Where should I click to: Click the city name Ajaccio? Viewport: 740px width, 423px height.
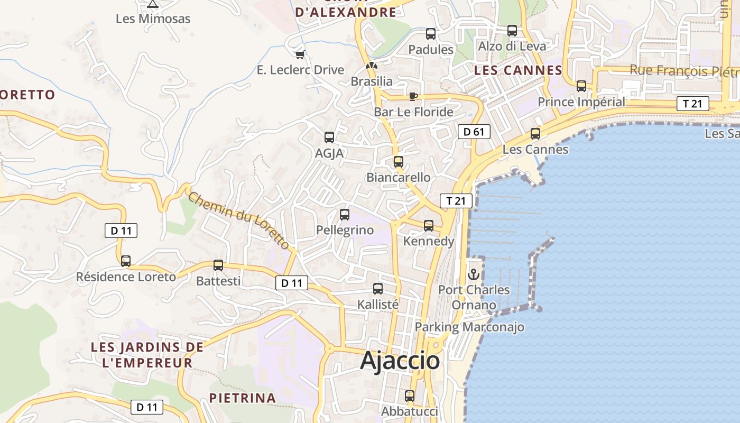coord(400,361)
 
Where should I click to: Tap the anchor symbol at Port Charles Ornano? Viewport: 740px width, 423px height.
coord(474,274)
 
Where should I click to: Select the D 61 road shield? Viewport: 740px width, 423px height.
coord(474,132)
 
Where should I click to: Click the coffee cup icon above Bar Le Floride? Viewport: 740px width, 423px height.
coord(413,96)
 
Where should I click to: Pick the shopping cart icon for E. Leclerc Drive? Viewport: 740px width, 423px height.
coord(300,54)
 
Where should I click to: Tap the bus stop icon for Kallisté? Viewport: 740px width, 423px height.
coord(378,289)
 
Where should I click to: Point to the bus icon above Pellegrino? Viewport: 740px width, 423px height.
coord(345,215)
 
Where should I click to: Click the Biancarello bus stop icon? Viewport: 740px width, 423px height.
coord(399,162)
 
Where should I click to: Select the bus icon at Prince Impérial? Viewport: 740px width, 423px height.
coord(581,86)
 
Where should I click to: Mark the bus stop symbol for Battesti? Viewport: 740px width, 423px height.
coord(218,265)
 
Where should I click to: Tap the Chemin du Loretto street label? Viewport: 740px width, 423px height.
coord(239,220)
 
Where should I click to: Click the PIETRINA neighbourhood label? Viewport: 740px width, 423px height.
coord(243,398)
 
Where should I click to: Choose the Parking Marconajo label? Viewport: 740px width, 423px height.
coord(469,327)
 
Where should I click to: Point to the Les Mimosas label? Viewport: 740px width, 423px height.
coord(153,19)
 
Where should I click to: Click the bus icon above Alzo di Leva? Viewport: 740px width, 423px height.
coord(512,31)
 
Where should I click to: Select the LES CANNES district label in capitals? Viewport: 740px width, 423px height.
coord(518,70)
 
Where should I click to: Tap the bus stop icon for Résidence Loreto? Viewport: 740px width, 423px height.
coord(126,261)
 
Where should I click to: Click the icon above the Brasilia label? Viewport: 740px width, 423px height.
coord(372,66)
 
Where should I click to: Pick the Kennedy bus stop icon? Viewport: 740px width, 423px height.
coord(429,226)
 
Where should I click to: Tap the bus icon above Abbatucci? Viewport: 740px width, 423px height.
coord(410,396)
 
